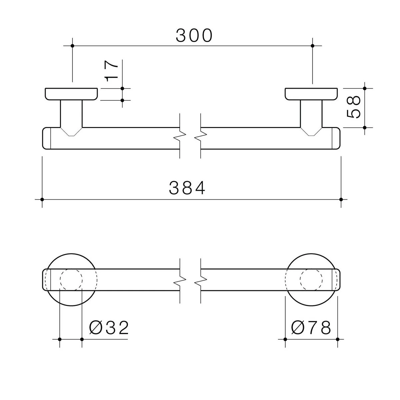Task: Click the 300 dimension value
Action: pos(194,35)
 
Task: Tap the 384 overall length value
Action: pos(187,188)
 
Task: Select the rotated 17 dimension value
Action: pos(112,71)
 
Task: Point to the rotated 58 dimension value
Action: pos(354,107)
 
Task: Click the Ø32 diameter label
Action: pos(109,328)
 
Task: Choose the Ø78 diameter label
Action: pos(311,328)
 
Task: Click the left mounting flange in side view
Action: pos(71,94)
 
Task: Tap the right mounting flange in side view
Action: pos(311,94)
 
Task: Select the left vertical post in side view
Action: pos(71,114)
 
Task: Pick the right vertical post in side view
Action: pos(311,114)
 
